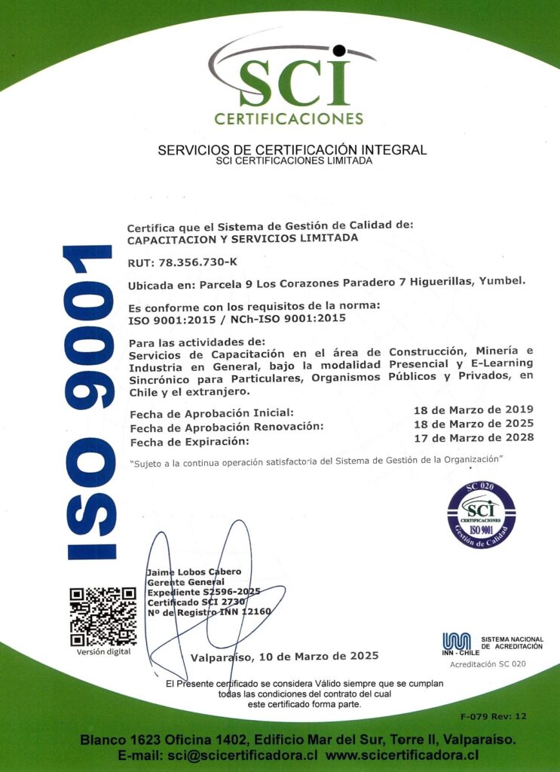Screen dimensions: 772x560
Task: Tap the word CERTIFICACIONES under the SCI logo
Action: click(289, 118)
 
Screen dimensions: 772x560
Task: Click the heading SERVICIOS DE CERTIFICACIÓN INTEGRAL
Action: click(292, 149)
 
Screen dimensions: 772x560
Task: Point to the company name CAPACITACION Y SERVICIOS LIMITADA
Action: click(243, 237)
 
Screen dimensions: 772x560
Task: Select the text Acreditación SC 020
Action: click(488, 664)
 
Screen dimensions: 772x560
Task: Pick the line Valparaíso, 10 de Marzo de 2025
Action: click(284, 656)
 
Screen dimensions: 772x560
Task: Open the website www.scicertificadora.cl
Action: click(402, 755)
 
